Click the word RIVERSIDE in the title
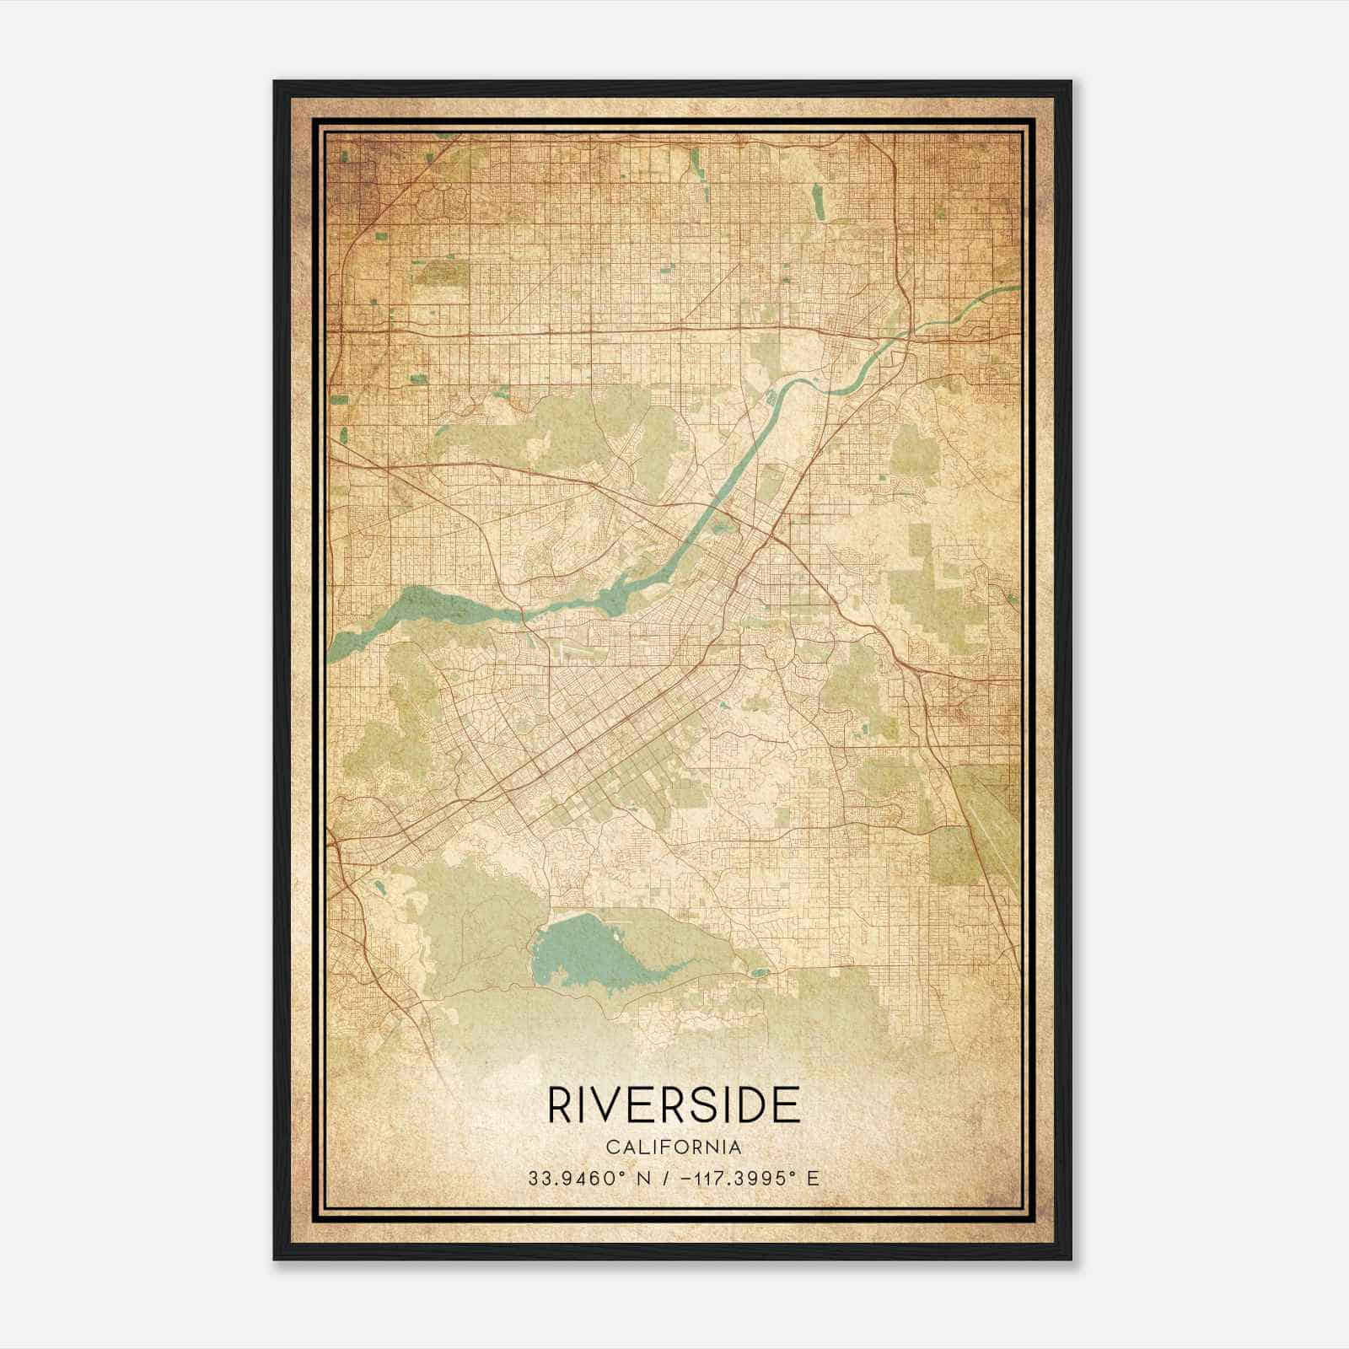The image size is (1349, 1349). coord(674,1105)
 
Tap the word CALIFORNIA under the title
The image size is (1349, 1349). coord(674,1147)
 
